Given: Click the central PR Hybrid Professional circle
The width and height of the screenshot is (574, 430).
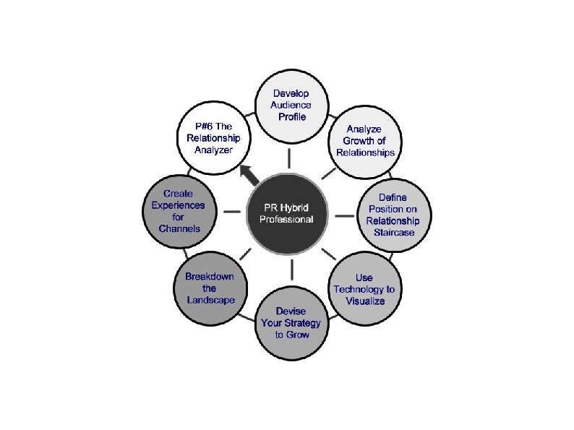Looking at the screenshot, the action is (289, 213).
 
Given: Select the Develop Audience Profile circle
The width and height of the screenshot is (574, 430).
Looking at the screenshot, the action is (289, 106).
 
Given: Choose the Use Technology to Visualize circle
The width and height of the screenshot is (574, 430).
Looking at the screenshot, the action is (365, 289).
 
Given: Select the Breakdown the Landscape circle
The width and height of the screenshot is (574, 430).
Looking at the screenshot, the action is (210, 288).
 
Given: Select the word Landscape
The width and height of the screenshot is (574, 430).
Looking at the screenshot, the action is (210, 300).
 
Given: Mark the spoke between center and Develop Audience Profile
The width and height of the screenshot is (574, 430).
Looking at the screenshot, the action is (289, 158).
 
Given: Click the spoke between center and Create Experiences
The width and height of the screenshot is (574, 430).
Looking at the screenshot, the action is (232, 212).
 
